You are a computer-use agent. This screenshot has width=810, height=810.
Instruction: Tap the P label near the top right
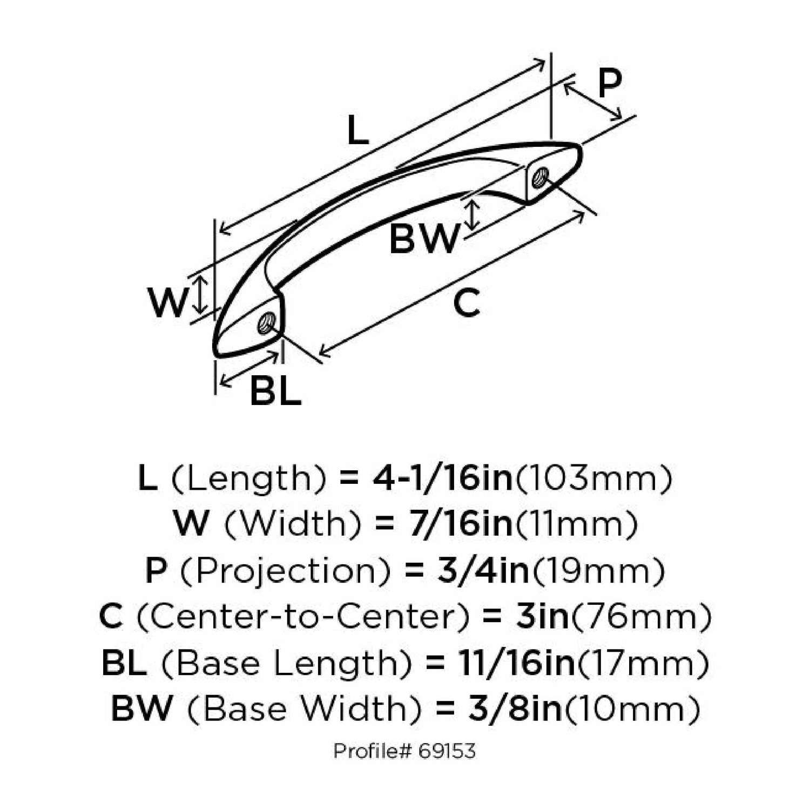(610, 84)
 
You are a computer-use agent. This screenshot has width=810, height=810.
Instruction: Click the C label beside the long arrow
(467, 303)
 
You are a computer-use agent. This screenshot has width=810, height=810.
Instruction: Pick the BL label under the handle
(275, 391)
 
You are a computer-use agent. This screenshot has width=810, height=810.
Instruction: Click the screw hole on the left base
(266, 323)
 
